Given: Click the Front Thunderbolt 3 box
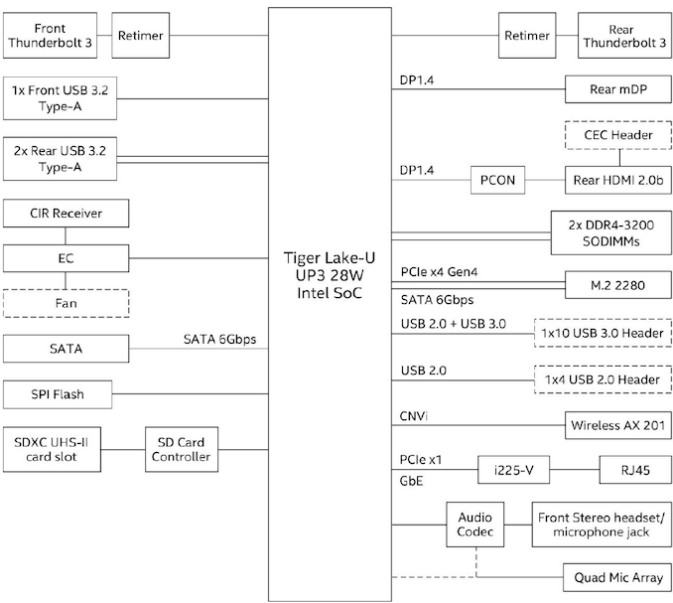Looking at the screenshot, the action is [x=50, y=35].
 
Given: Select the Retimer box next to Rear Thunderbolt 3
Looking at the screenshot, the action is [x=527, y=35].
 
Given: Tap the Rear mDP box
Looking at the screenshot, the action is [x=618, y=89].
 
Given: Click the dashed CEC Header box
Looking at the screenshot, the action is [x=618, y=135].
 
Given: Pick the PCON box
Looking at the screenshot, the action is [x=497, y=180].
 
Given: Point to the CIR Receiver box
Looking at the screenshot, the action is [x=66, y=213].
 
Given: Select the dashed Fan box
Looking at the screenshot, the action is [x=66, y=303].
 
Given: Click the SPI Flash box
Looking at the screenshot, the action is [x=58, y=394].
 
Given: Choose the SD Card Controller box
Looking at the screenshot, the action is [x=181, y=449].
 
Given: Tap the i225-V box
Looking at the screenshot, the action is [x=514, y=470].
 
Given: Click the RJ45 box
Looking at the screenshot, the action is [x=635, y=470].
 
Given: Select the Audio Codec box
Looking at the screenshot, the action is [x=475, y=525].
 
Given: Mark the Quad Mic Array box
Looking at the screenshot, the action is [x=617, y=577].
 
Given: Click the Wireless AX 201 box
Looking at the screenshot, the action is [x=618, y=425].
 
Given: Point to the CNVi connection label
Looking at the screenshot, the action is [x=413, y=416].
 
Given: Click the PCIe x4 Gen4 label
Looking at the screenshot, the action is [x=439, y=272].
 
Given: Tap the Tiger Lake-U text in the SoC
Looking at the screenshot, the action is [x=330, y=257].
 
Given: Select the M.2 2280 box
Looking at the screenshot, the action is [x=618, y=285].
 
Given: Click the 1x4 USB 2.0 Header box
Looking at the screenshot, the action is [x=603, y=379].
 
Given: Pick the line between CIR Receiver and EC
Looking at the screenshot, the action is [x=66, y=235].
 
